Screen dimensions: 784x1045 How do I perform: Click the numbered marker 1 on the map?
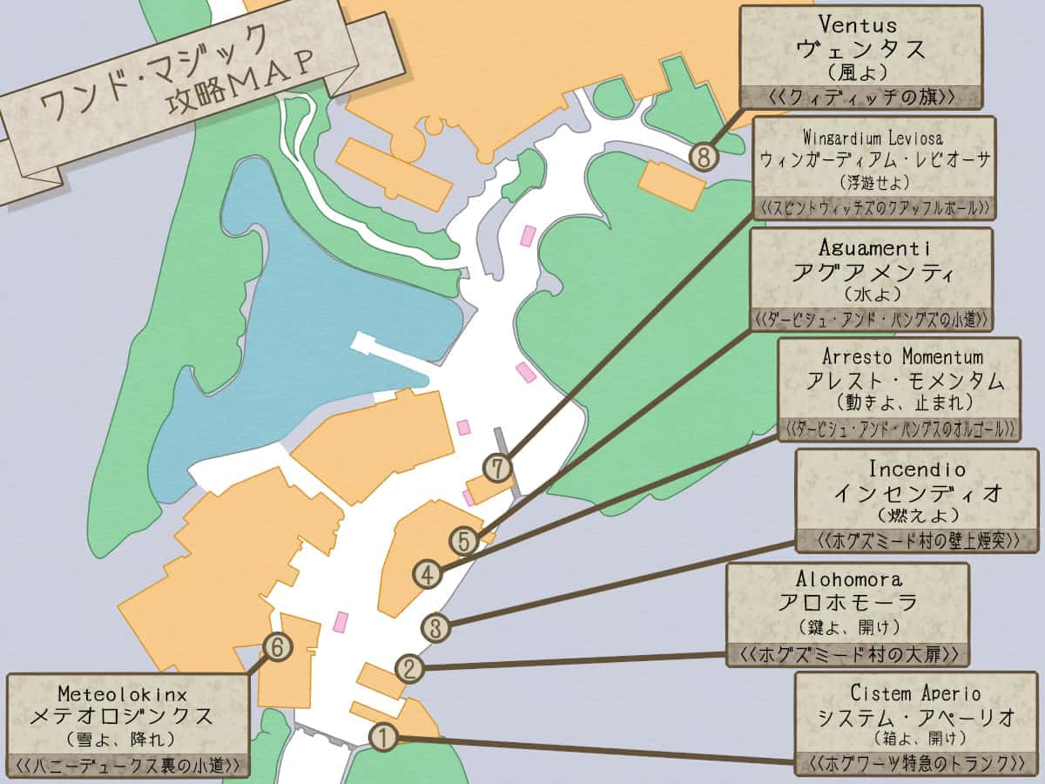[383, 737]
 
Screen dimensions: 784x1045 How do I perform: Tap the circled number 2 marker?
[409, 669]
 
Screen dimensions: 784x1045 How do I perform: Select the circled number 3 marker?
[436, 627]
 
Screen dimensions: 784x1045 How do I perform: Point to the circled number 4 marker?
[427, 574]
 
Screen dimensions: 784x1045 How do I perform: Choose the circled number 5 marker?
[464, 541]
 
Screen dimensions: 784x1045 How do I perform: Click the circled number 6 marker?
[278, 646]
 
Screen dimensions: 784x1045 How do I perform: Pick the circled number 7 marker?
[497, 469]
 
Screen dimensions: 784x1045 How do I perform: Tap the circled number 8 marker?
[704, 157]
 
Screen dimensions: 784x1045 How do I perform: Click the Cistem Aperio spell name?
[915, 693]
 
